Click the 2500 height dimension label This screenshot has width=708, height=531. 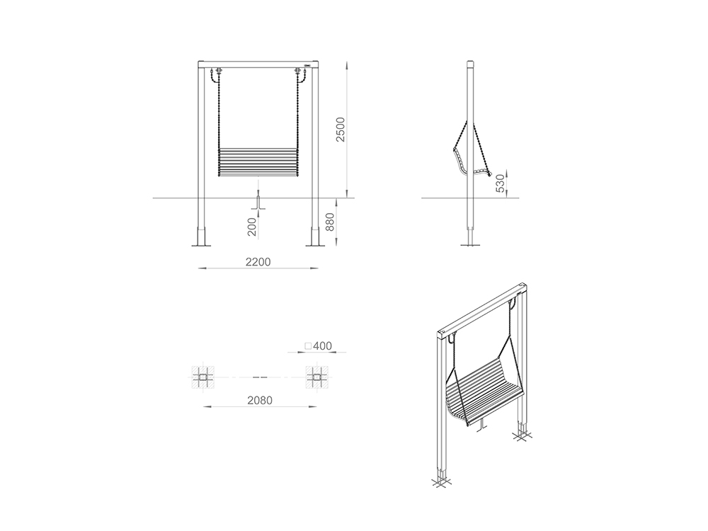pyautogui.click(x=341, y=129)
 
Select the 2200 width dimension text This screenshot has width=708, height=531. pyautogui.click(x=258, y=262)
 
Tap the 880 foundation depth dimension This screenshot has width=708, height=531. pyautogui.click(x=330, y=222)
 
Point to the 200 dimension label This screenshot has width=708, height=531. pyautogui.click(x=252, y=227)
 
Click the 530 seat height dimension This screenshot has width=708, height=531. pyautogui.click(x=501, y=183)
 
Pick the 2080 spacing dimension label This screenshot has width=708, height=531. pyautogui.click(x=260, y=401)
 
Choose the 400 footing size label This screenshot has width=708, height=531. pyautogui.click(x=322, y=346)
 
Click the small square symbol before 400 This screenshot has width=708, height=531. pyautogui.click(x=308, y=346)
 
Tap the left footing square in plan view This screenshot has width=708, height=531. pyautogui.click(x=202, y=377)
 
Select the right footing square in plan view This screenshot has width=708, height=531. pyautogui.click(x=317, y=377)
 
